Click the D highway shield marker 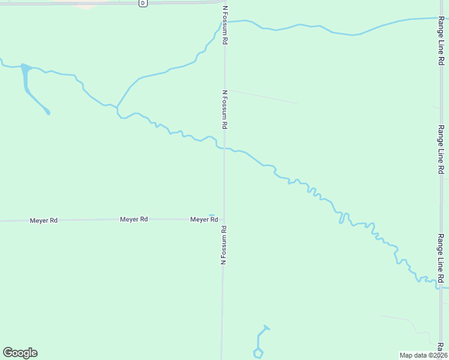click(143, 3)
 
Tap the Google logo click(20, 353)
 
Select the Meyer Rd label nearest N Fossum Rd click(204, 220)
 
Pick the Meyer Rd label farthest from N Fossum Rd click(44, 221)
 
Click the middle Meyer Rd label click(134, 220)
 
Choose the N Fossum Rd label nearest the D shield click(226, 25)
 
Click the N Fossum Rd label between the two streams click(225, 110)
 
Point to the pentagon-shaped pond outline click(258, 353)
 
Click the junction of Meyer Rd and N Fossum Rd click(224, 219)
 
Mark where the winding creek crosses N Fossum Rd click(224, 148)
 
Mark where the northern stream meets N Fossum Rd click(226, 22)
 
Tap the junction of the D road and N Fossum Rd click(223, 2)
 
